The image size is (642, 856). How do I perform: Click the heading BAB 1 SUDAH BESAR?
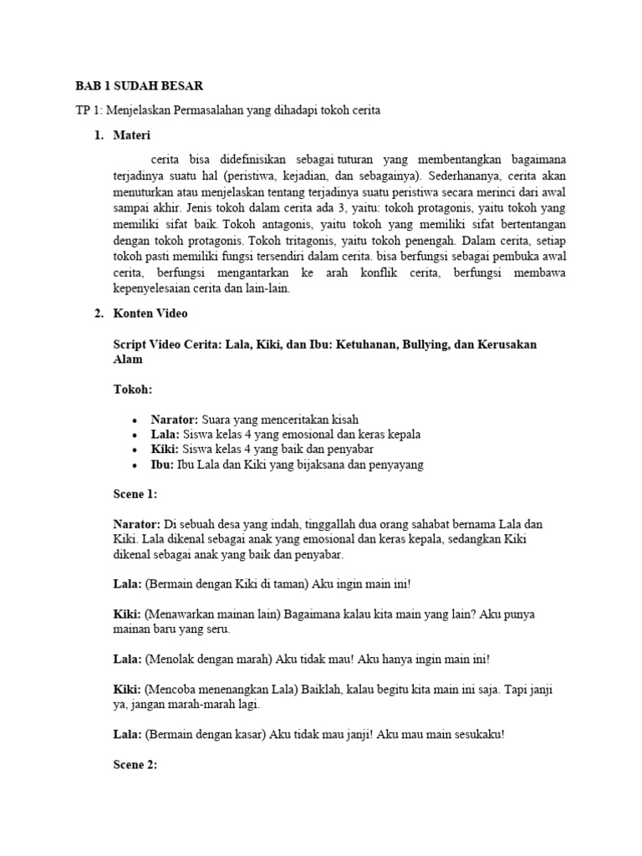click(x=139, y=86)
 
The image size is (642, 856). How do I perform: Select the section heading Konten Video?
click(x=150, y=313)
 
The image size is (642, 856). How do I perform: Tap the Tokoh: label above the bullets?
click(x=134, y=390)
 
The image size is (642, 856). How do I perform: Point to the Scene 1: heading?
click(x=135, y=494)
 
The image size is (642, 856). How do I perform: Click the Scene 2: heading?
click(x=135, y=765)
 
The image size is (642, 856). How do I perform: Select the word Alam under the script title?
click(x=128, y=359)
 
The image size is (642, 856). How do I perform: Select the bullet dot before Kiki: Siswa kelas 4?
click(x=135, y=450)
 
